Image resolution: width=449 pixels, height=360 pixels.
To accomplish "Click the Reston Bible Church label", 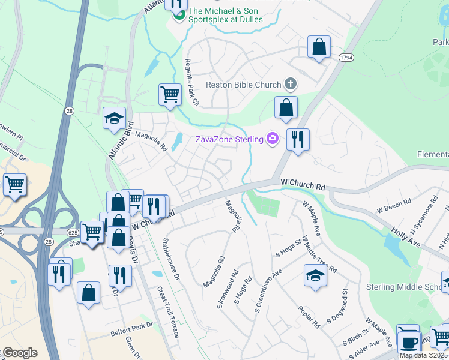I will (x=243, y=85).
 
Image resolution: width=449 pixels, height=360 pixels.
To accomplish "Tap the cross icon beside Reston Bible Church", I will (x=291, y=84).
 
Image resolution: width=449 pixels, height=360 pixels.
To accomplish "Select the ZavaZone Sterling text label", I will (x=230, y=139).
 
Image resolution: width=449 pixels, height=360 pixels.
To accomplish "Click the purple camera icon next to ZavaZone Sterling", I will (x=273, y=139).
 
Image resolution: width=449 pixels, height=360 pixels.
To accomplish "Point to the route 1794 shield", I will (x=345, y=57).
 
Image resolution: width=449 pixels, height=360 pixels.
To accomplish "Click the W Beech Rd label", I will (x=394, y=206).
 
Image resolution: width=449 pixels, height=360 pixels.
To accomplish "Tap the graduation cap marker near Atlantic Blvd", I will (x=114, y=119).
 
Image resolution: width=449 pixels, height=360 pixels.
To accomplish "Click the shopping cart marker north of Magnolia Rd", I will (x=170, y=94).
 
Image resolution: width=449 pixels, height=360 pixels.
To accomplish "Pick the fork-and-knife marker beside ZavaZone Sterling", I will (x=297, y=140).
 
